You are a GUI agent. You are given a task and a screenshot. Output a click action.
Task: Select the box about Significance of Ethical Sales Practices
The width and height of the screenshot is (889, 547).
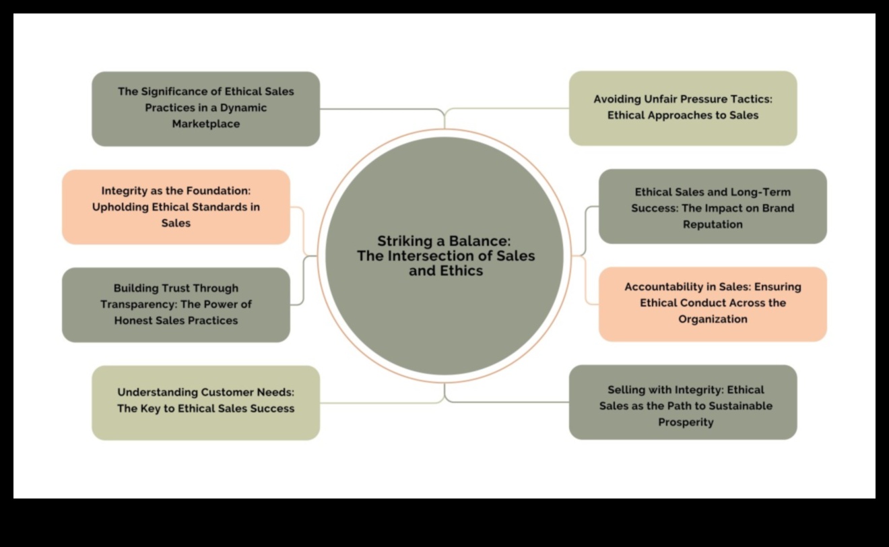tap(205, 108)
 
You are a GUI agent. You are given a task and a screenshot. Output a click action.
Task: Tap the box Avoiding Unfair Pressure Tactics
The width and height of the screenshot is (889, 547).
tap(683, 108)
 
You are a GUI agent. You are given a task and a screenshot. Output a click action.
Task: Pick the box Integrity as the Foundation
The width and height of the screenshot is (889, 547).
tap(176, 207)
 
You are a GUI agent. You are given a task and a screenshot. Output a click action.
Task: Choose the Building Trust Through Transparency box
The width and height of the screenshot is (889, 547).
tap(176, 304)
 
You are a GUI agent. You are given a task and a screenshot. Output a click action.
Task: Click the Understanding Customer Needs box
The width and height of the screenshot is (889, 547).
tap(205, 403)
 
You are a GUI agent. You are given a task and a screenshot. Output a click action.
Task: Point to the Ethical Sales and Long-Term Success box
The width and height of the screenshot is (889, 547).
tap(713, 206)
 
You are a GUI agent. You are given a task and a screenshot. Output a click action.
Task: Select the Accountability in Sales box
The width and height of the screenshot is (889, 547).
tap(713, 304)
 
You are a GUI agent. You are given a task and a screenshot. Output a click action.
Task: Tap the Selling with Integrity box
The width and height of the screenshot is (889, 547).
tap(683, 402)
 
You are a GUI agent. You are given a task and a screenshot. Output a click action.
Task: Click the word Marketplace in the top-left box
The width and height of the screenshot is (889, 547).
tap(205, 124)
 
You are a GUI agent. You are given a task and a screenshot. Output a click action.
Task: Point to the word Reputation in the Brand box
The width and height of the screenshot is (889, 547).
tap(713, 224)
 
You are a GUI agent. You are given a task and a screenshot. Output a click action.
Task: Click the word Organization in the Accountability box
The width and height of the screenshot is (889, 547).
tap(713, 319)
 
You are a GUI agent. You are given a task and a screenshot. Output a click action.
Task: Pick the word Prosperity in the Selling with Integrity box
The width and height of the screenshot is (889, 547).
tap(686, 422)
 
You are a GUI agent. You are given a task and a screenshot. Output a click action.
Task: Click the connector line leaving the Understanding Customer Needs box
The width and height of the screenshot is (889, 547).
tap(377, 403)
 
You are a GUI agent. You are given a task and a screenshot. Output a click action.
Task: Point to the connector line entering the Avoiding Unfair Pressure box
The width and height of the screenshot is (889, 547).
tap(512, 108)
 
